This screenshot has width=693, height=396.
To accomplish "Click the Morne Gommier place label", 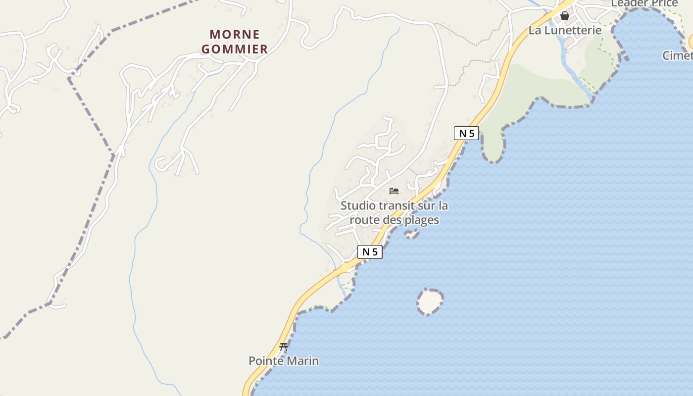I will click(235, 42).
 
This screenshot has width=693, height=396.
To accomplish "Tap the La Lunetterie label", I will click(565, 30).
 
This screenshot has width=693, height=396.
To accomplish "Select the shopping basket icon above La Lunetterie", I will click(565, 16).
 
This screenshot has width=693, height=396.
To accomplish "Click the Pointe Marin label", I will click(284, 361).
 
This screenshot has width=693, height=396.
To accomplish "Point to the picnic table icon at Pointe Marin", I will click(284, 346).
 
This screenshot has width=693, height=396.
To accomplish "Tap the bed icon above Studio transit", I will click(394, 191).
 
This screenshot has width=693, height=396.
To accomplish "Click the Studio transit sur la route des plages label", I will click(394, 212).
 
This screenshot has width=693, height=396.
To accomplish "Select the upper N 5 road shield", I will click(466, 133).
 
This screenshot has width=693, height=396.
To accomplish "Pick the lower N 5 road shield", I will click(370, 252).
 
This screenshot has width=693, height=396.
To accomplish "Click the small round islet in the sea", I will click(430, 301).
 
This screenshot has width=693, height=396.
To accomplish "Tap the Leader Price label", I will click(644, 3).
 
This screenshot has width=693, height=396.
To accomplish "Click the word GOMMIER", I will click(235, 49).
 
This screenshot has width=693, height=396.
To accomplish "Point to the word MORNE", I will click(235, 35).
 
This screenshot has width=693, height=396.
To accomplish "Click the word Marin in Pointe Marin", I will click(303, 361).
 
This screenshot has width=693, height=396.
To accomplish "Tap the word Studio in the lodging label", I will click(357, 205).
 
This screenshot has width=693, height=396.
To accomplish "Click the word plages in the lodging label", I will click(422, 220).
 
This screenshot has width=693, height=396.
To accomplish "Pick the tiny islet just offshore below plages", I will click(412, 234).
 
